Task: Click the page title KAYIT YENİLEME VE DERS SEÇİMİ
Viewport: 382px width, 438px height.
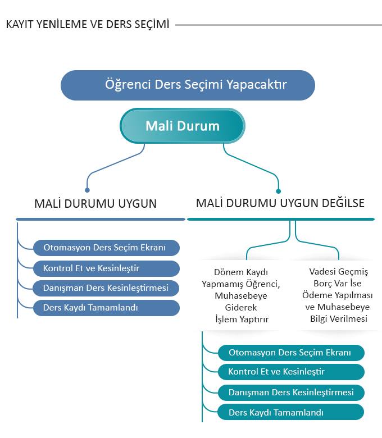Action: click(88, 24)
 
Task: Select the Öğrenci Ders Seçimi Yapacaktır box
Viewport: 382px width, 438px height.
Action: click(188, 85)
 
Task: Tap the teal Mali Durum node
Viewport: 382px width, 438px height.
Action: click(183, 126)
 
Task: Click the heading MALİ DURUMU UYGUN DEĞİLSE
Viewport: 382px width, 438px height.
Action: click(280, 203)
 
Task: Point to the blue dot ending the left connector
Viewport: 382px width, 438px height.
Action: click(87, 190)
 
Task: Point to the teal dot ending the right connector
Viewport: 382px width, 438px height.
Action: click(278, 191)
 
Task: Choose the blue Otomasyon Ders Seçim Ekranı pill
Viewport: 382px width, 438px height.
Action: click(106, 248)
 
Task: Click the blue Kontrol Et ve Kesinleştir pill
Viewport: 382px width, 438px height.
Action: click(106, 268)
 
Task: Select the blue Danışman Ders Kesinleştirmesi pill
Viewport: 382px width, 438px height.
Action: click(106, 288)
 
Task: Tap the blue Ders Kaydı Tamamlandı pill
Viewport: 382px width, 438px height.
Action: click(106, 308)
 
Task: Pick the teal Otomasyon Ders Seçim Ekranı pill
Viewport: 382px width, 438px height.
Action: click(291, 353)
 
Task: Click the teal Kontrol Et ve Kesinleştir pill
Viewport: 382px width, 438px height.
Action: click(291, 372)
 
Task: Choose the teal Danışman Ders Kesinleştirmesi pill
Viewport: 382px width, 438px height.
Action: click(291, 393)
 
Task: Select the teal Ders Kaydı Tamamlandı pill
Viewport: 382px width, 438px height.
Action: click(291, 412)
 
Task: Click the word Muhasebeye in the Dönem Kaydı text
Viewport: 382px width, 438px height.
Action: click(241, 296)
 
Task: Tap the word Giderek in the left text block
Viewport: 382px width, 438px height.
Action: click(241, 308)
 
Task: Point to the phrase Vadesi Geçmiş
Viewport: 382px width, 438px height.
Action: click(339, 272)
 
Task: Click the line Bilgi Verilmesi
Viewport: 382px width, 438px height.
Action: click(339, 319)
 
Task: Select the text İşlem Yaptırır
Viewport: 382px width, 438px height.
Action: click(242, 320)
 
